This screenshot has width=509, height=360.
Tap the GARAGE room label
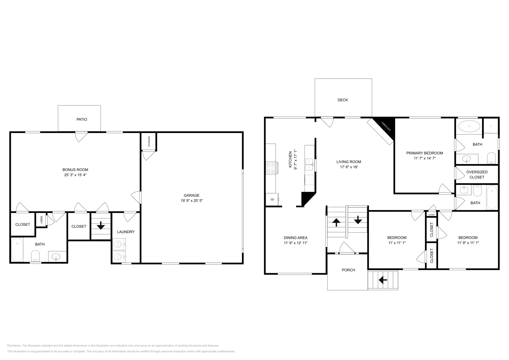coord(192,195)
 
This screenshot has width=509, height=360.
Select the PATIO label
coord(81,119)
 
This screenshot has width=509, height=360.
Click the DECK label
coord(343,100)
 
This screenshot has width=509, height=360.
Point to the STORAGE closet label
coord(149,142)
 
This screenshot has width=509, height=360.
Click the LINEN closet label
coord(41,219)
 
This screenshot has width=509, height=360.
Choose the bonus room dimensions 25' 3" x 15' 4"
coord(75,175)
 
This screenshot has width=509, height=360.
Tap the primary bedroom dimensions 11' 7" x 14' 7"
coord(424,158)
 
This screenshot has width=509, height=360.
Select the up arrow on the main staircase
coord(336,222)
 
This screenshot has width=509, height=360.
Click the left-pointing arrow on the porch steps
coord(383,280)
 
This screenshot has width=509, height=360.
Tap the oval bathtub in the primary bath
coord(469,126)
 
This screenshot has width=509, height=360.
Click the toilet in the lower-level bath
coord(35,256)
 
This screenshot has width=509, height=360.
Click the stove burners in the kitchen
coord(271,168)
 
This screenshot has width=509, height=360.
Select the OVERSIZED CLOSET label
coord(477,174)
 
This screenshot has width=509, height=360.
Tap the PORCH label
coord(348,270)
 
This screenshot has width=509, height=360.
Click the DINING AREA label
coord(296,238)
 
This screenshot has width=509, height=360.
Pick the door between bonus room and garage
coord(137,197)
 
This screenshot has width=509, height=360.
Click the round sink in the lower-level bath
coord(56,256)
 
